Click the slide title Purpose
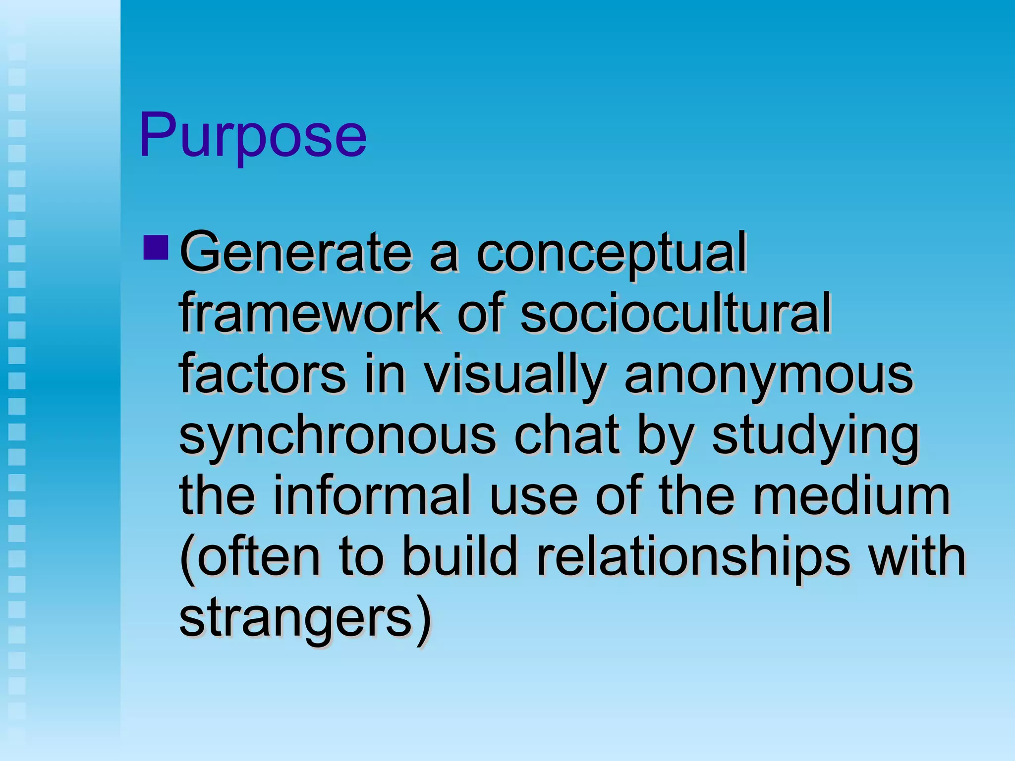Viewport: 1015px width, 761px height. pyautogui.click(x=253, y=135)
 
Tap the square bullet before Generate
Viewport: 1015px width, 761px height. pyautogui.click(x=155, y=247)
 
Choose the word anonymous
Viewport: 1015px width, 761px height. pyautogui.click(x=768, y=376)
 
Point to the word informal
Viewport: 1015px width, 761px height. pyautogui.click(x=371, y=495)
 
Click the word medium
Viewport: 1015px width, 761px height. pyautogui.click(x=851, y=495)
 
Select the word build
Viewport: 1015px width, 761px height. pyautogui.click(x=459, y=556)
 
